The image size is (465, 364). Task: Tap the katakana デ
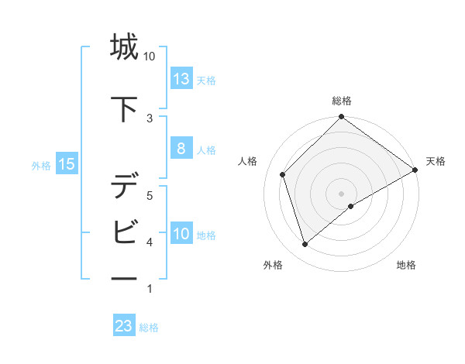coord(124,187)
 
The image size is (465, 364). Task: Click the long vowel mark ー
coord(124,278)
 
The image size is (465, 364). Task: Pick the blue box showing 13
coord(181,79)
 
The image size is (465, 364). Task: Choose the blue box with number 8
coord(181,149)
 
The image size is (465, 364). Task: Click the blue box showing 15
coord(66,163)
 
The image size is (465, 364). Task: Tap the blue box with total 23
coord(124,326)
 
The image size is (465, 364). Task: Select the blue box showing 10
coord(181,234)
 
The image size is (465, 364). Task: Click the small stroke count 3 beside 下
coord(150,118)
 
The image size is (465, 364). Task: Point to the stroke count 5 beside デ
coord(150,195)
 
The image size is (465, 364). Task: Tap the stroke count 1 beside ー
coord(149,290)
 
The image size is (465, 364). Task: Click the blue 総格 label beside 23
coord(149,328)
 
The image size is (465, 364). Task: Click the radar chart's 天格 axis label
coord(436,161)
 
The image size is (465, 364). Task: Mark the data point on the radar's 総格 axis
coord(341,118)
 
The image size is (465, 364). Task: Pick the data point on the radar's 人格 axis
coord(283,174)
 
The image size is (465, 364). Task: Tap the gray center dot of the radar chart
coord(341,193)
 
